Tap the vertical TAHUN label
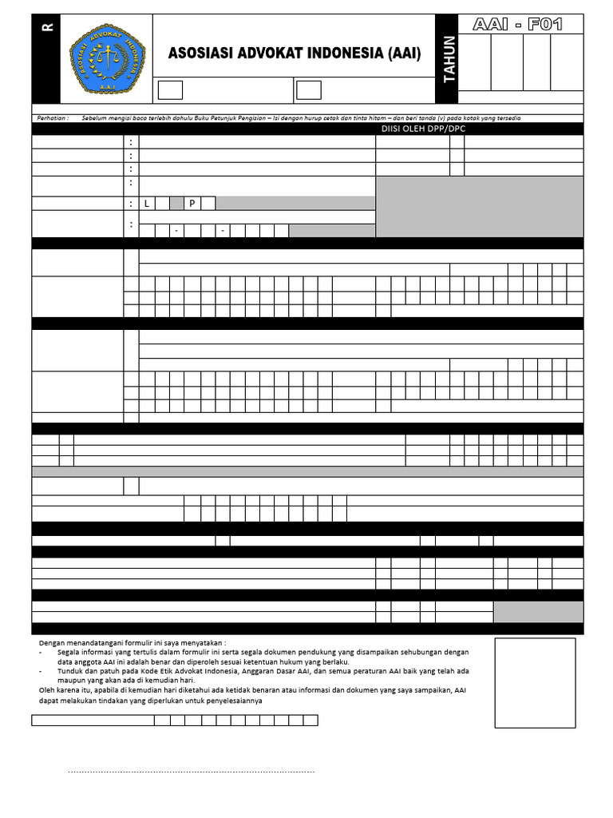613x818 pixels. pyautogui.click(x=449, y=59)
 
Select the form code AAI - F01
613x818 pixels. pyautogui.click(x=517, y=25)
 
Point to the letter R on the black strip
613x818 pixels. pyautogui.click(x=47, y=26)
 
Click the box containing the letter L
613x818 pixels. pyautogui.click(x=147, y=204)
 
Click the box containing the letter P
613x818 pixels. pyautogui.click(x=192, y=204)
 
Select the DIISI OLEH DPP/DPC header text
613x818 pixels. pyautogui.click(x=423, y=129)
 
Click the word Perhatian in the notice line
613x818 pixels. pyautogui.click(x=53, y=118)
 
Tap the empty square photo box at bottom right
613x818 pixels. pyautogui.click(x=534, y=683)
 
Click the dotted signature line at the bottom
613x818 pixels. pyautogui.click(x=191, y=772)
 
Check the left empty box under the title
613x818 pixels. pyautogui.click(x=170, y=90)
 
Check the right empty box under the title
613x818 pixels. pyautogui.click(x=309, y=90)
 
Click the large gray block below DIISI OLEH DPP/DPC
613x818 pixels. pyautogui.click(x=479, y=207)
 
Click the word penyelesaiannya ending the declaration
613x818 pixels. pyautogui.click(x=235, y=701)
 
